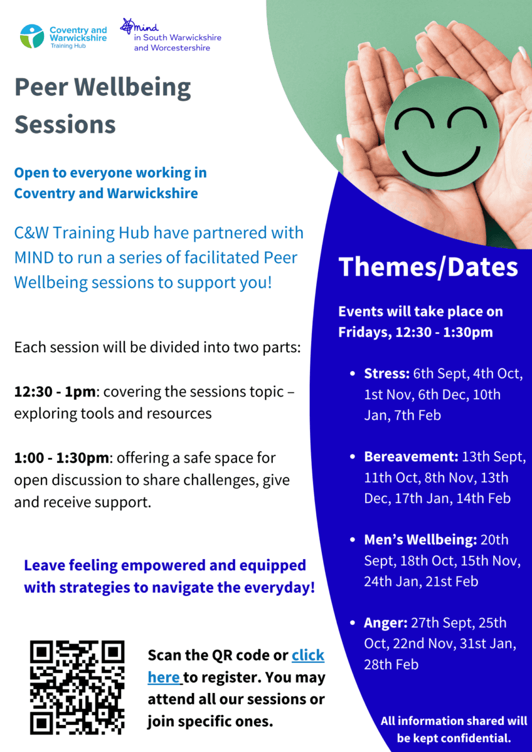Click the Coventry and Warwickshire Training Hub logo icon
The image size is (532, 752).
point(32,36)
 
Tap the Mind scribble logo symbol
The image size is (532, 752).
point(129,26)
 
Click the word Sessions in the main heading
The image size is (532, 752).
point(65,125)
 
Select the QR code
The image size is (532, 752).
point(77,687)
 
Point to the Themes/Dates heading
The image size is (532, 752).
point(428,268)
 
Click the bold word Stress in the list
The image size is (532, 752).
point(387,373)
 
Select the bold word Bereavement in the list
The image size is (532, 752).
point(412,457)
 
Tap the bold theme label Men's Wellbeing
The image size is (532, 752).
point(421,540)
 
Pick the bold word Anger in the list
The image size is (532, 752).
point(386,623)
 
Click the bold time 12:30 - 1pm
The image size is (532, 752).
point(55,392)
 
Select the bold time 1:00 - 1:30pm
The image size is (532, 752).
point(61,458)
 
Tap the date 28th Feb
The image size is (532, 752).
point(391,665)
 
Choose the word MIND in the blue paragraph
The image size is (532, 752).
point(34,258)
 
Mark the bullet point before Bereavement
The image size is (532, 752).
point(353,457)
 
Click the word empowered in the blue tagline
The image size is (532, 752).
point(162,565)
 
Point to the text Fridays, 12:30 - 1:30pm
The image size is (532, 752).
point(415,332)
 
